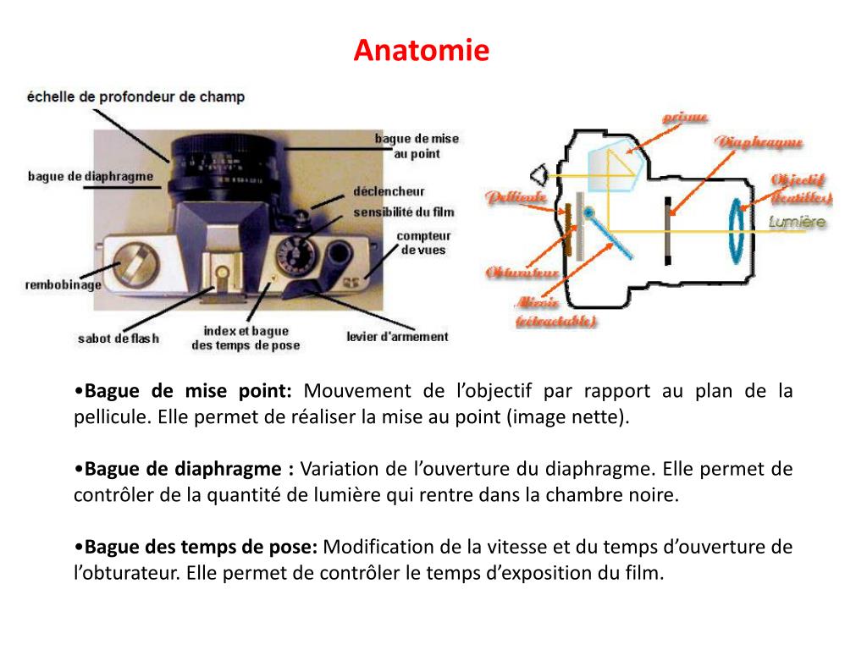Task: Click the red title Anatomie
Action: coord(421,51)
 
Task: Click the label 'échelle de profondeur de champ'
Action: coord(135,97)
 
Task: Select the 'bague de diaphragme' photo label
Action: coord(91,176)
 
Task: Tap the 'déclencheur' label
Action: coord(389,192)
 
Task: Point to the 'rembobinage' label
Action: coord(63,285)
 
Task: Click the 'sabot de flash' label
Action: coord(119,339)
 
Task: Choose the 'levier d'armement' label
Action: coord(397,337)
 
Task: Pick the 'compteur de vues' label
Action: coord(423,243)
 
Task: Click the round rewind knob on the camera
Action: coord(135,262)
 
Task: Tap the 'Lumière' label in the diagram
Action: coord(796,223)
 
